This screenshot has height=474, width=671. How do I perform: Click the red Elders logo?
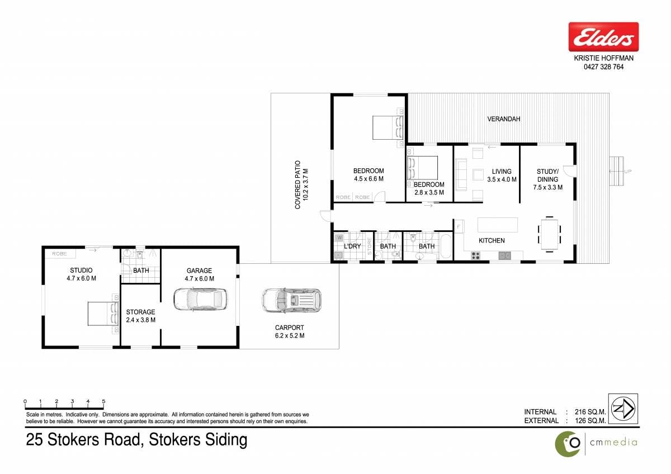click(x=603, y=37)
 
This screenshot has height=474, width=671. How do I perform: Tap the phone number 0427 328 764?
click(x=603, y=67)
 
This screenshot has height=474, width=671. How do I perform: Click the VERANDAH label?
click(x=504, y=119)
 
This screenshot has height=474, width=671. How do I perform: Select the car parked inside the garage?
click(x=200, y=299)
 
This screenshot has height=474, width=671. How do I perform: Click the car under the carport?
click(x=291, y=300)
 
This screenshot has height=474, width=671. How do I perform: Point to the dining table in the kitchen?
click(x=549, y=234)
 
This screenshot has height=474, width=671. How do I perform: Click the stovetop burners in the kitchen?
click(x=475, y=255)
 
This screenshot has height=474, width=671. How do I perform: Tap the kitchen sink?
click(x=505, y=255)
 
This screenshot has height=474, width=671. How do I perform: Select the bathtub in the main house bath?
click(x=445, y=247)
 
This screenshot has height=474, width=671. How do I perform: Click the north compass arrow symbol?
click(x=623, y=409)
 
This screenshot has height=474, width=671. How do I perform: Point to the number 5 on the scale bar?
click(x=103, y=401)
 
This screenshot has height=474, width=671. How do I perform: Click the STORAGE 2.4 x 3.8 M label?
click(x=140, y=316)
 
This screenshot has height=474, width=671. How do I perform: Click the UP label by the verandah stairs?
click(x=627, y=172)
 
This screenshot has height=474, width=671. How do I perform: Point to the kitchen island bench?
click(x=498, y=225)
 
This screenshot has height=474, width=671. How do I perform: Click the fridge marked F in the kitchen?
click(x=459, y=226)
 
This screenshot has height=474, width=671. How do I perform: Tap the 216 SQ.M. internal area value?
click(x=590, y=412)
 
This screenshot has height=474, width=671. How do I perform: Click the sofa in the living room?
click(x=461, y=174)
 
